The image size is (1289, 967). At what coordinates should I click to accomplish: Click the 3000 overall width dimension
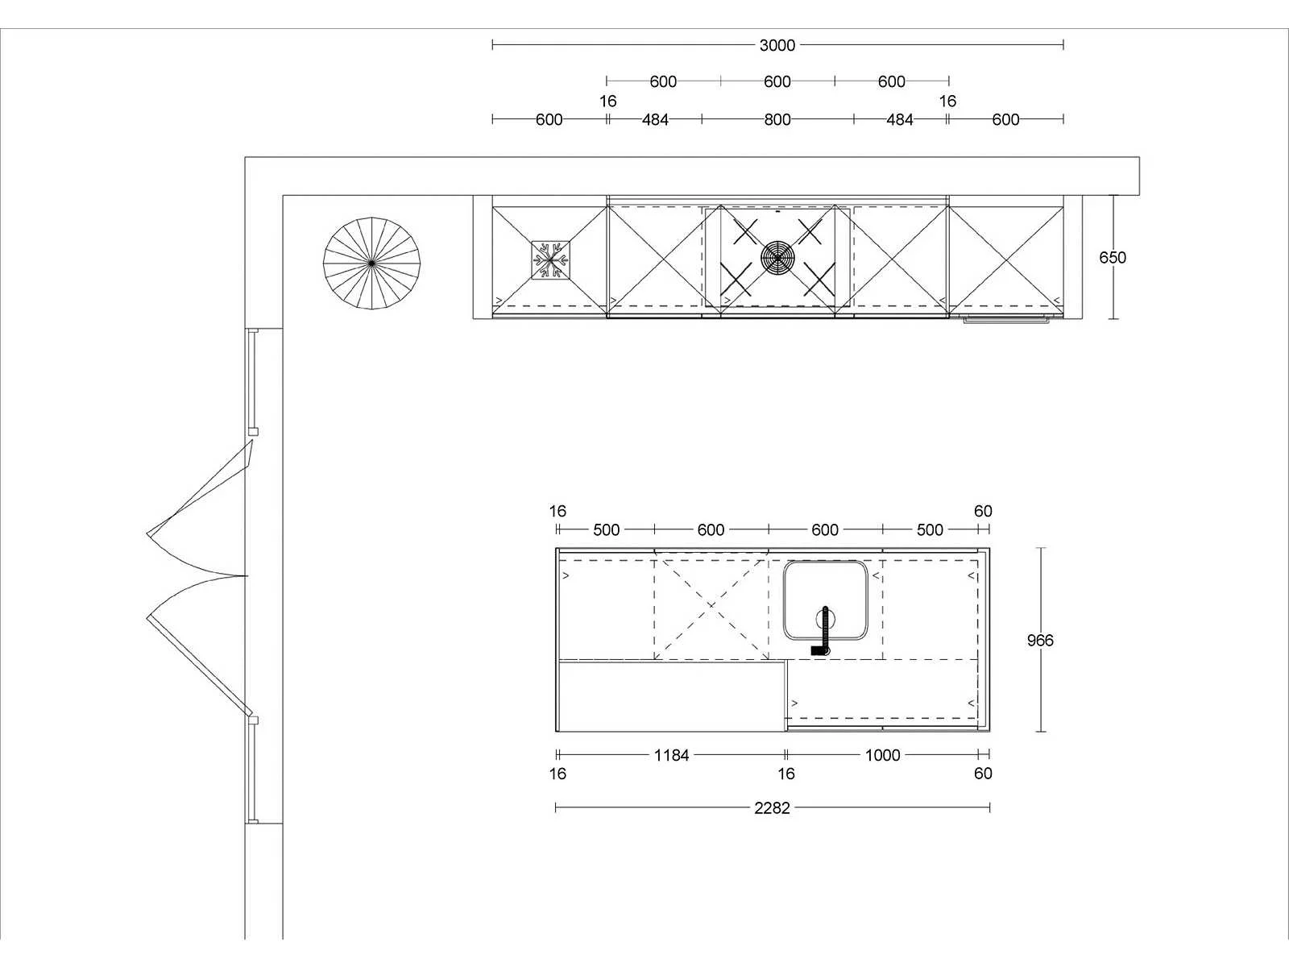tap(777, 45)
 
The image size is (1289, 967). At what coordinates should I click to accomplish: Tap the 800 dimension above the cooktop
tap(777, 120)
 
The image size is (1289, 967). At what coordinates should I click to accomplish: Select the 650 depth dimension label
tap(1113, 257)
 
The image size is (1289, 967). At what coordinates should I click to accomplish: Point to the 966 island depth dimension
tap(1040, 640)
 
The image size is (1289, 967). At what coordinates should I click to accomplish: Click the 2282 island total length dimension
tap(772, 808)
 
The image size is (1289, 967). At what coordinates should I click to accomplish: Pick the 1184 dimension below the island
tap(671, 755)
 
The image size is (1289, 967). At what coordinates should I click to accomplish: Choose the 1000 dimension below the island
tap(882, 755)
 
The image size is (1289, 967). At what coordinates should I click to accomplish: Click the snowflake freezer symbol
tap(550, 260)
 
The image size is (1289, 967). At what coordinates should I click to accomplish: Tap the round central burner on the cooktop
tap(777, 257)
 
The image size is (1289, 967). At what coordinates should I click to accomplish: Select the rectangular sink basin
tap(825, 600)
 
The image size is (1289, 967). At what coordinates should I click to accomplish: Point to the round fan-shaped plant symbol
tap(371, 263)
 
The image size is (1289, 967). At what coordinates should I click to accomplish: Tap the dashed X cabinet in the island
tap(711, 609)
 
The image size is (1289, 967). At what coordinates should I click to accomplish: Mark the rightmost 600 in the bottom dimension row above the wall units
tap(1005, 120)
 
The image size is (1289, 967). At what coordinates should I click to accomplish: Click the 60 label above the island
tap(983, 512)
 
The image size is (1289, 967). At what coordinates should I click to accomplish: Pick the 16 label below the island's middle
tap(785, 774)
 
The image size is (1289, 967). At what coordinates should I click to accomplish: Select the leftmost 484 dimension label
tap(655, 120)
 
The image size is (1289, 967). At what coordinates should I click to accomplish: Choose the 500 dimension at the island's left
tap(606, 530)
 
